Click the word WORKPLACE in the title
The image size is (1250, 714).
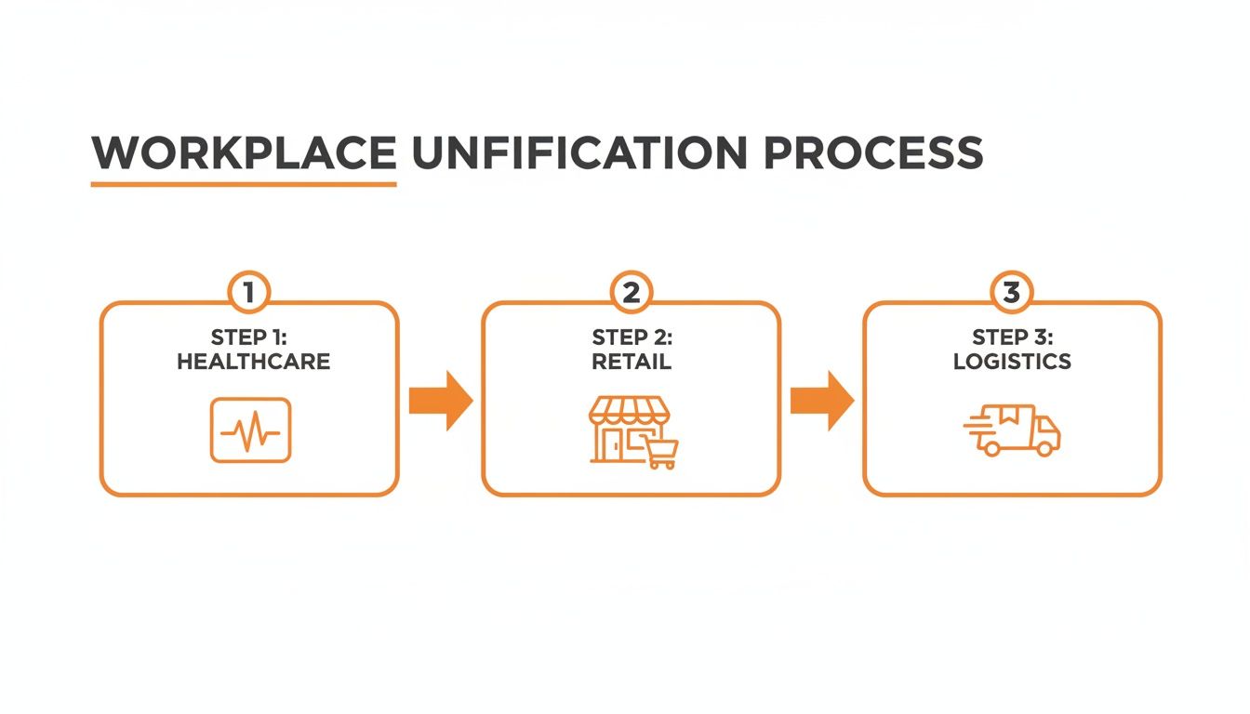244,153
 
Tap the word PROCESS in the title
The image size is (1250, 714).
872,153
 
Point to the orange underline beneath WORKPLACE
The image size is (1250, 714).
244,184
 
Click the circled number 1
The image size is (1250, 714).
248,293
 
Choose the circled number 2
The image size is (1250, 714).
631,293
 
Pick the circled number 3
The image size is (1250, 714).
1012,293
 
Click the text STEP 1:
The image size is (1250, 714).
249,337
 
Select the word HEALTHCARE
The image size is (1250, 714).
253,362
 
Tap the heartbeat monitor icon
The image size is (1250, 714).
250,430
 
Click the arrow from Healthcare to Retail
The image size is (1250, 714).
442,401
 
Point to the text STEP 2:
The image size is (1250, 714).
632,337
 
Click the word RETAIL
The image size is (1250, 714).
632,362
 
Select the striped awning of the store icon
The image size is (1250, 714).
630,410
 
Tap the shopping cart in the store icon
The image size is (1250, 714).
662,452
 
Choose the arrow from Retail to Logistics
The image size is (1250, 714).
822,401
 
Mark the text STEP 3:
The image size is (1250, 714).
1012,337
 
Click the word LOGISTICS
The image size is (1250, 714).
1012,362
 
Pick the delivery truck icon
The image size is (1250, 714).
1017,432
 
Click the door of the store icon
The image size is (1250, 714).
614,444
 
